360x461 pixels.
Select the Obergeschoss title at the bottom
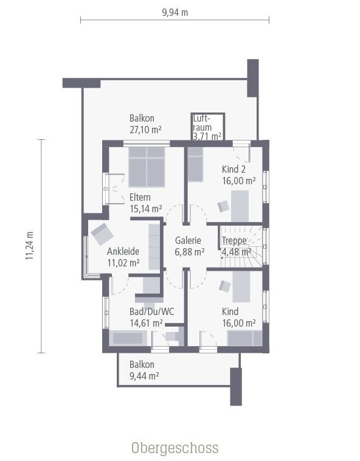pos(175,448)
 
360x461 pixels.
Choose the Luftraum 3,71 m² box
pos(207,127)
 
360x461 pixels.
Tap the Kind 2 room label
pos(234,170)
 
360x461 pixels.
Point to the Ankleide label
pos(123,251)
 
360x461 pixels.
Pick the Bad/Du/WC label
pos(151,311)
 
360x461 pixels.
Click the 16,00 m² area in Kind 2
pos(238,181)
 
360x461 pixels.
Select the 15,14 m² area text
pos(145,209)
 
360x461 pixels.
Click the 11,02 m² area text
pos(123,263)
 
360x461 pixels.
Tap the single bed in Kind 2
pos(194,166)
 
